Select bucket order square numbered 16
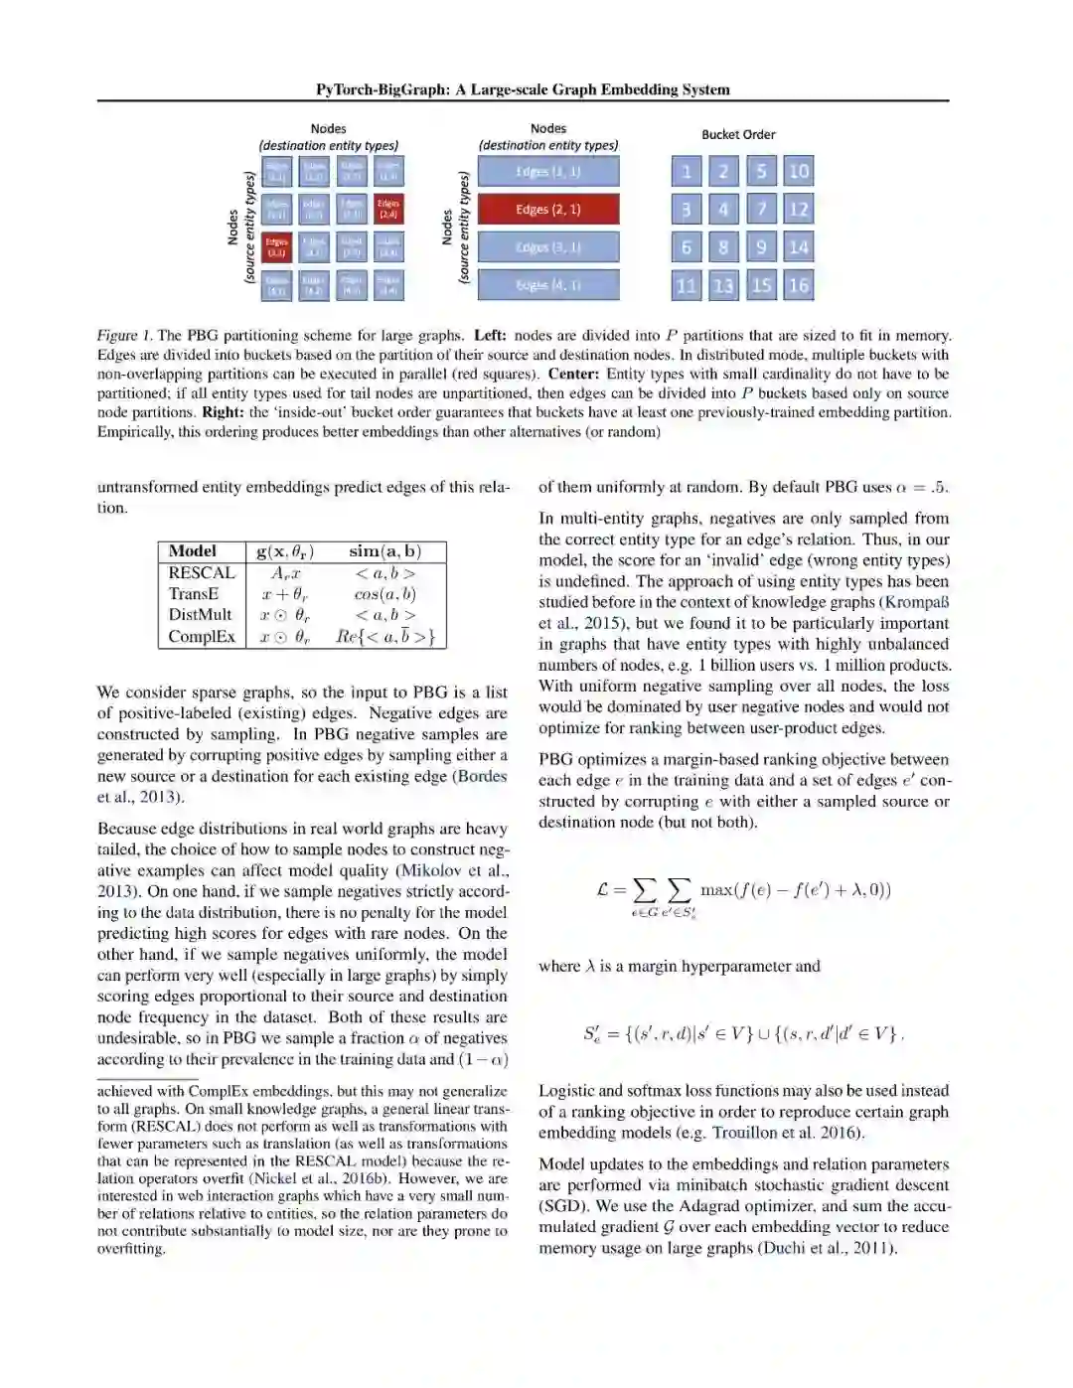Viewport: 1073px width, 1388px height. [798, 285]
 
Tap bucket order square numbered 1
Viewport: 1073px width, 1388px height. [686, 172]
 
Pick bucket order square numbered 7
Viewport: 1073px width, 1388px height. [761, 210]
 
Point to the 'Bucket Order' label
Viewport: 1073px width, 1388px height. [738, 135]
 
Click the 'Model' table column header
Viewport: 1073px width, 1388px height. [193, 551]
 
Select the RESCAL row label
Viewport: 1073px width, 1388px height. [202, 573]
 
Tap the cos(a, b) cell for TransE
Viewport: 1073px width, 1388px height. [384, 594]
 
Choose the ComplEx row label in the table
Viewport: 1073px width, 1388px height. [202, 637]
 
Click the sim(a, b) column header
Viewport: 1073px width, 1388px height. [384, 551]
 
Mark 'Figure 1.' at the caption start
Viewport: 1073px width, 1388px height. [124, 336]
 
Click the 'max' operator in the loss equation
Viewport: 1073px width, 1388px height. [717, 889]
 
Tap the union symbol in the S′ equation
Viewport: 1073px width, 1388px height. [763, 1034]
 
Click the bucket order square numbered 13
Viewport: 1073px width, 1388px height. [723, 285]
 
